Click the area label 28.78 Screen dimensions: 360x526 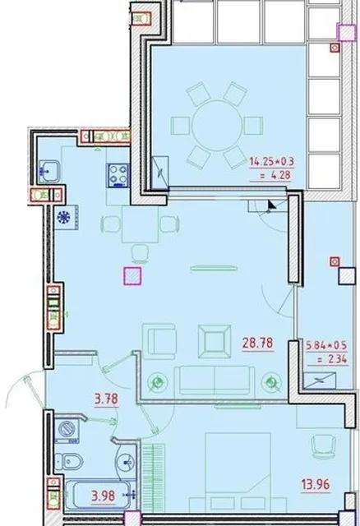pos(257,343)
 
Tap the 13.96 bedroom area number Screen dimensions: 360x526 pos(316,484)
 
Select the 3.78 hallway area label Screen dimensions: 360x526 pos(106,399)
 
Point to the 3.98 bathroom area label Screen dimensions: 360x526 pos(104,496)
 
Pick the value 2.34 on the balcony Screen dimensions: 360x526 pos(332,359)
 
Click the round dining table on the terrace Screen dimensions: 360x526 pos(217,125)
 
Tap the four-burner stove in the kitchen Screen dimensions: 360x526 pos(118,175)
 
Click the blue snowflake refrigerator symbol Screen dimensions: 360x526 pos(63,217)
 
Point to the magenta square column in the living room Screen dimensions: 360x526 pos(132,276)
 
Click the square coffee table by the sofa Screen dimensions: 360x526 pos(215,342)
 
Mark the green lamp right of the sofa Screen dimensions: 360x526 pos(272,382)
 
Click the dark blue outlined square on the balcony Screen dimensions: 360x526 pos(347,276)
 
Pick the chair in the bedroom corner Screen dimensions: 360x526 pos(323,447)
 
